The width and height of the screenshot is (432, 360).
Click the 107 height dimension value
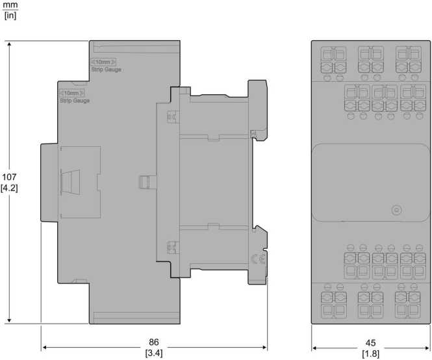[x=9, y=177]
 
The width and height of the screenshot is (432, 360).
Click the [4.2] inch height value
[x=9, y=188]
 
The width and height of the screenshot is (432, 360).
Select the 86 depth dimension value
[x=154, y=342]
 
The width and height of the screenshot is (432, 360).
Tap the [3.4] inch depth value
[x=154, y=353]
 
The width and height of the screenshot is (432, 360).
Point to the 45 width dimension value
[x=370, y=343]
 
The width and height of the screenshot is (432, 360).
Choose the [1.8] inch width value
[x=370, y=354]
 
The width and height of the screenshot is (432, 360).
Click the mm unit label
[x=10, y=5]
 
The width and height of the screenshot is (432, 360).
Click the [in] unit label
[x=10, y=15]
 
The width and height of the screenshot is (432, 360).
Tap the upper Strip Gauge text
[x=107, y=70]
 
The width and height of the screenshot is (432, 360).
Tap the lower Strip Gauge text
[x=75, y=101]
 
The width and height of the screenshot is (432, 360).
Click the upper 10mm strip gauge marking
[x=103, y=62]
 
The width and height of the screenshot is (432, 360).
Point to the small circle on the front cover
[x=396, y=211]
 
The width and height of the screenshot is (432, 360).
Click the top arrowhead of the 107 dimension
[x=9, y=44]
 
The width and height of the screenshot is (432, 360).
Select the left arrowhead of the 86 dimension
[x=44, y=347]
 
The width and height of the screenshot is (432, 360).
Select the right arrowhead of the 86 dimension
[x=264, y=347]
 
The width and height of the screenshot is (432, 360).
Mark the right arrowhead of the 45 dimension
[x=427, y=348]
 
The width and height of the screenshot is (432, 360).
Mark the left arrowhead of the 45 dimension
[x=314, y=348]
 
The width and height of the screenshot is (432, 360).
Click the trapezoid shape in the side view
[x=71, y=182]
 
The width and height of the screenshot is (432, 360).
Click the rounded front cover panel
[x=371, y=182]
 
